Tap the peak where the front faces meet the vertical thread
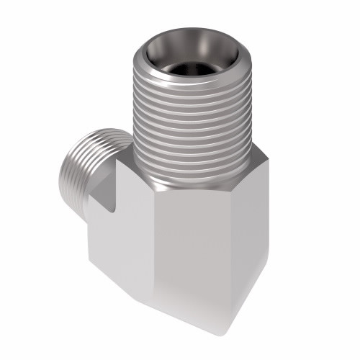pyautogui.click(x=159, y=189)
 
